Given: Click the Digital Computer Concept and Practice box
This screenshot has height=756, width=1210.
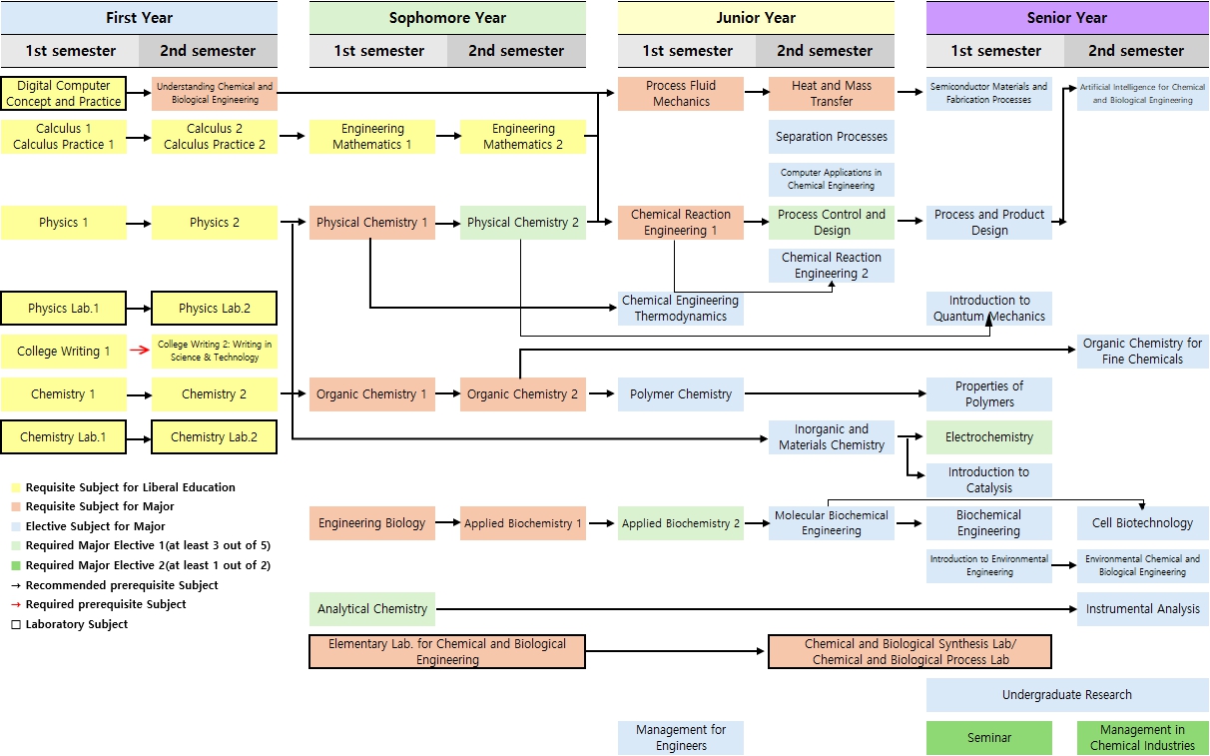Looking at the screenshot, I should pos(64,94).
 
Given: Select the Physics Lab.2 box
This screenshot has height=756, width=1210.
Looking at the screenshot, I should pos(215,309).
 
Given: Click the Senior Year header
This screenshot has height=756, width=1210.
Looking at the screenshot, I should pos(1066,17).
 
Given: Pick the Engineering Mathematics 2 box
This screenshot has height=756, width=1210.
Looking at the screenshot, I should pos(523,137).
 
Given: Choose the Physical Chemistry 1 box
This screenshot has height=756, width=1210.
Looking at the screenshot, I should pos(372,223).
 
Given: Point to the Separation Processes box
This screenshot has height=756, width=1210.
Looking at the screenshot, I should pos(832,137).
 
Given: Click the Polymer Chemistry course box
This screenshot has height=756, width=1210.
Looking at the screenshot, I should pos(681,394).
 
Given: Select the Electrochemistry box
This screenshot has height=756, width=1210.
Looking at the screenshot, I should pos(988,437).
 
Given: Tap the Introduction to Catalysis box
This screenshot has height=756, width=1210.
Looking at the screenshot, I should pos(988,480).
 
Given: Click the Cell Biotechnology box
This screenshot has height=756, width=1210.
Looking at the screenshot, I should pos(1142,523).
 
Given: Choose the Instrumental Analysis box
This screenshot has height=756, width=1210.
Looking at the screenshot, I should pos(1142,609).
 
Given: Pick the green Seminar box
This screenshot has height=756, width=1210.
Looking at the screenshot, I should pos(988,738).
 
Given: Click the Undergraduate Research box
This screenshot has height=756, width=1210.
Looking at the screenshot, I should pos(1066,695).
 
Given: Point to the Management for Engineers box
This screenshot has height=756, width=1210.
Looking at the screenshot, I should pos(681,738).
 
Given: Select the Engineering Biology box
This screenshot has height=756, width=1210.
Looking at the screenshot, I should pos(372,523).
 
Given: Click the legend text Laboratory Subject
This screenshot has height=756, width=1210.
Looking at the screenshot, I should pos(76,624).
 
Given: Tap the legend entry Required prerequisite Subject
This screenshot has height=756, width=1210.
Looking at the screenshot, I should pos(105,604).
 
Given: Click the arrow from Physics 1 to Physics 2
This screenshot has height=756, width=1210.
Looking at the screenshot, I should pos(140,223).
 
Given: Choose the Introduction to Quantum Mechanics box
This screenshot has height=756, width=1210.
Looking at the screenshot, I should pos(988,309).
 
